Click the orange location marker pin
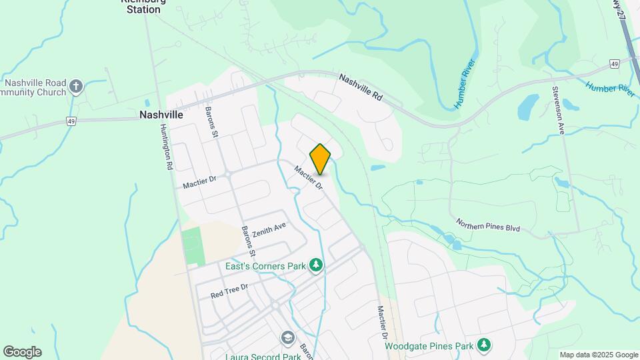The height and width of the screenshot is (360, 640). click(x=320, y=159)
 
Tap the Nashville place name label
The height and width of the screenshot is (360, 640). click(x=161, y=115)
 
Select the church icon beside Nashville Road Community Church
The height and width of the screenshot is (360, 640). click(x=77, y=86)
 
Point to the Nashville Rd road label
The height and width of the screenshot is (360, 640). click(x=361, y=87)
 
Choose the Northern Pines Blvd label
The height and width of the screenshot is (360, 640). click(x=487, y=225)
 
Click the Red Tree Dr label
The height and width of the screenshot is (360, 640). click(x=229, y=289)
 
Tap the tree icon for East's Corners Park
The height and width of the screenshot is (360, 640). click(x=316, y=266)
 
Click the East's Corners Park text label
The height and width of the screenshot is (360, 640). click(x=265, y=266)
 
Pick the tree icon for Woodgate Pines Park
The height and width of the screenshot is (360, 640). click(x=485, y=345)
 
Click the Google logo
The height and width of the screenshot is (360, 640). click(x=22, y=352)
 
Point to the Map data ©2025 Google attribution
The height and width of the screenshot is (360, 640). click(x=598, y=355)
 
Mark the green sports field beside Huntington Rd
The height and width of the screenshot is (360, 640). click(x=192, y=246)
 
